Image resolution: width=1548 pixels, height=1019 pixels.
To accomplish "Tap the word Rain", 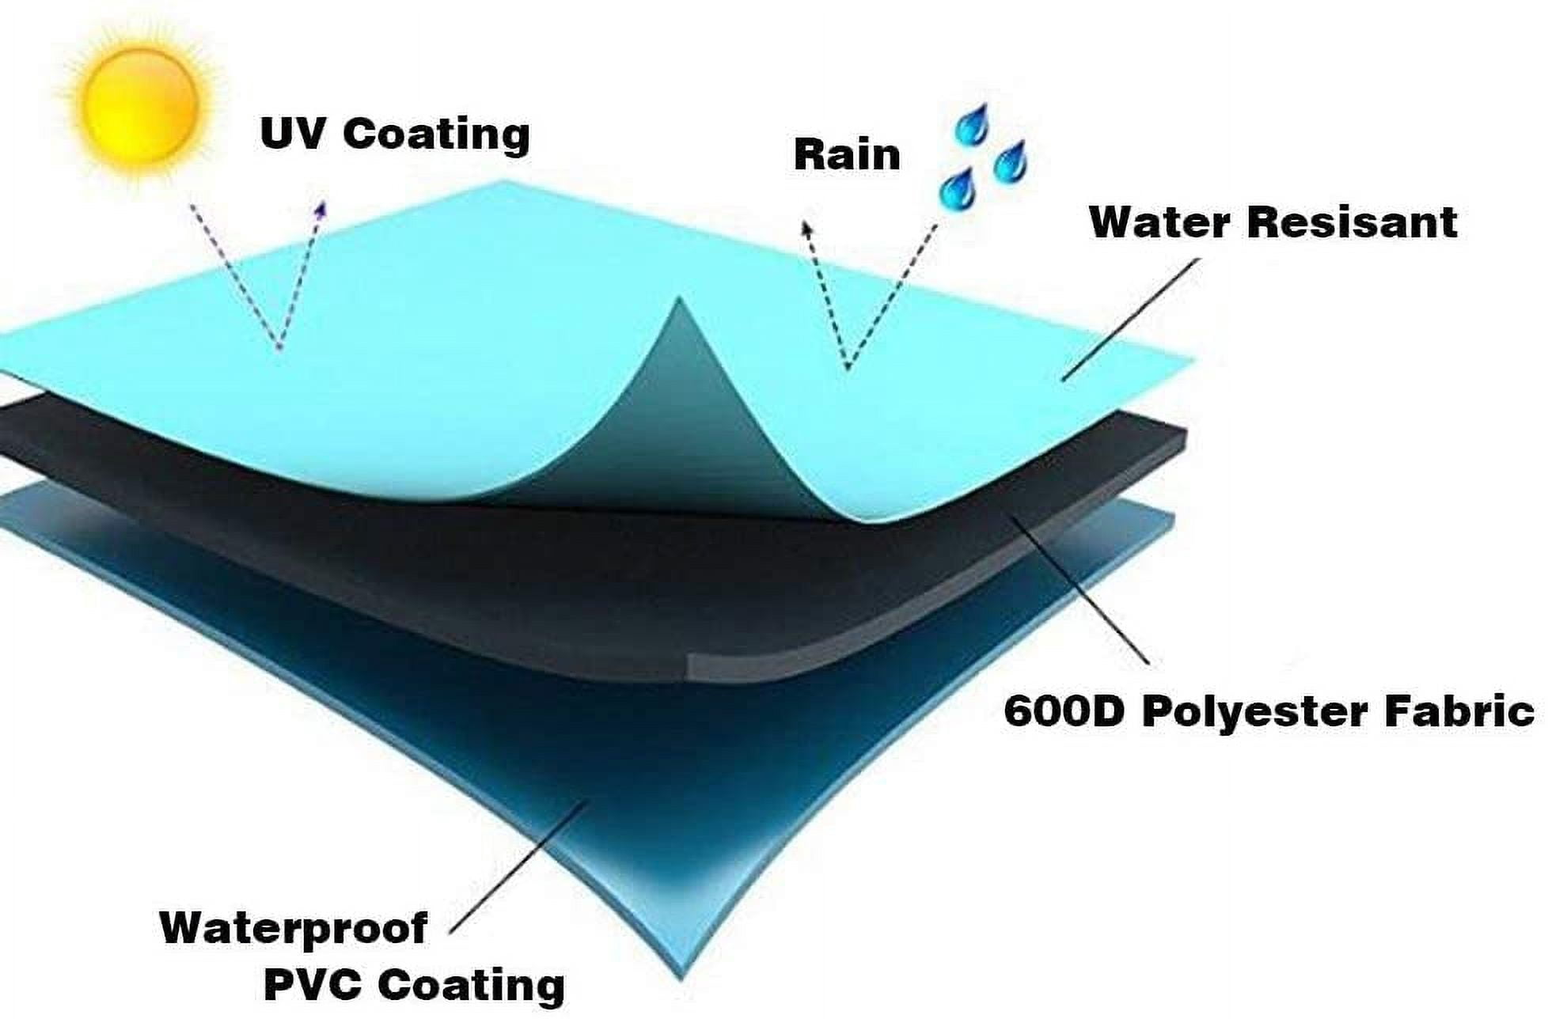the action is tap(847, 154).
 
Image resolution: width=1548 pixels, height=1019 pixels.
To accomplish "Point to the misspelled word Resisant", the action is tap(1352, 222).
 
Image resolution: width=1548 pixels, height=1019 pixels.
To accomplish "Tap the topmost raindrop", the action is tap(971, 125).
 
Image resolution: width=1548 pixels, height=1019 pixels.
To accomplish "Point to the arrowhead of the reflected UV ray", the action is tap(321, 207).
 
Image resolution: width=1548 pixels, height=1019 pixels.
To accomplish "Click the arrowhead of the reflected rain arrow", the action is tap(806, 229).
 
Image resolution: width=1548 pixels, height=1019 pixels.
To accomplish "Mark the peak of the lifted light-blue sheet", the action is tap(677, 299).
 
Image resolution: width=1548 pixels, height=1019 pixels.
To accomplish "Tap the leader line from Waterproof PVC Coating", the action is tap(518, 869).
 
